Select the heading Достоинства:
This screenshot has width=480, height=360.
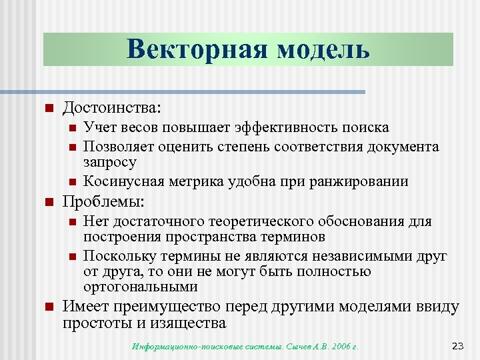[x=112, y=107]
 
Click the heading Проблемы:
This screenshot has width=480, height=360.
[x=103, y=201]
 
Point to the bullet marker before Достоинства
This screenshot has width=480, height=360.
[x=48, y=107]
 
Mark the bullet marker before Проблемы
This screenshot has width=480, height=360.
[x=48, y=201]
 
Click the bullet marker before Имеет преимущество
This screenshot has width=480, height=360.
[x=48, y=307]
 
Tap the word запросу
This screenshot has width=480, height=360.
[x=110, y=162]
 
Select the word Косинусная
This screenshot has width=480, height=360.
[x=120, y=181]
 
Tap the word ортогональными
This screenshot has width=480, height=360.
[x=141, y=287]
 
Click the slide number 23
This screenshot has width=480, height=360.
[x=457, y=345]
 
